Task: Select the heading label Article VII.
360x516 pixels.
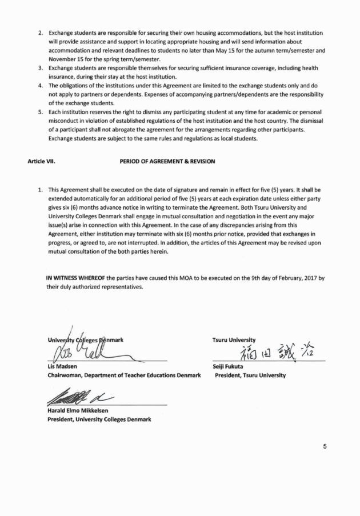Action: click(41, 162)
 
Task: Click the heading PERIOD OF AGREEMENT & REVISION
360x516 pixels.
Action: click(167, 162)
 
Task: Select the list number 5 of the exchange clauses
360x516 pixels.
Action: click(41, 112)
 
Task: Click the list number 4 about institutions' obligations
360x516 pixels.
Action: click(41, 85)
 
